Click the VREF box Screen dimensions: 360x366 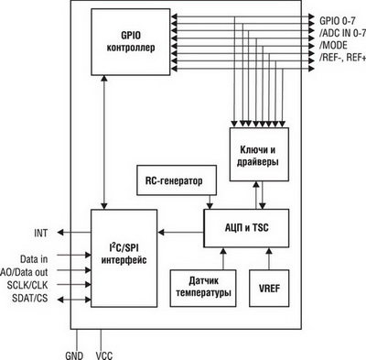pos(268,288)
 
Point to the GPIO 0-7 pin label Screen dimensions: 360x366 pos(339,17)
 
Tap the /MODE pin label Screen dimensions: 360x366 pos(332,44)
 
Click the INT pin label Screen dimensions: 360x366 pos(41,233)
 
